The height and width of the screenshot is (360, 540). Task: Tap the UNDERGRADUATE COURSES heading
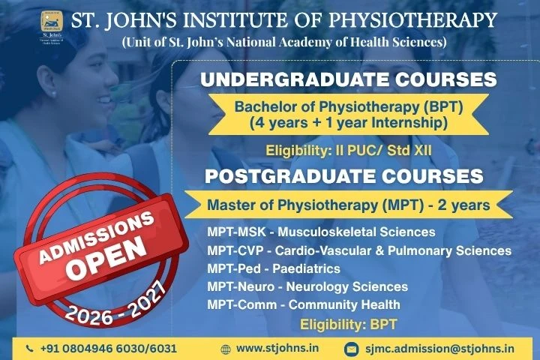pos(349,80)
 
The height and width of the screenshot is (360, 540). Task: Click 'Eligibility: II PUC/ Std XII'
pos(349,151)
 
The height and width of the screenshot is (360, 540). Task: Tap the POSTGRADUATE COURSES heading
pos(344,177)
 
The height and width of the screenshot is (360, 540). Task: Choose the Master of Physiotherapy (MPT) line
pos(348,204)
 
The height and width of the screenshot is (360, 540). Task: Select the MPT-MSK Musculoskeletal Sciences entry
pos(321,232)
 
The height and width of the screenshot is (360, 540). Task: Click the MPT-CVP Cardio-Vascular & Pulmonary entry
pos(359,250)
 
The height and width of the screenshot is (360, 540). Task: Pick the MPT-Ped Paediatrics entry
pos(274,268)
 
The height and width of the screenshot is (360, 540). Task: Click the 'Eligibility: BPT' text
pos(347,324)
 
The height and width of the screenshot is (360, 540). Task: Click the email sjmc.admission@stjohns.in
pos(439,349)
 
